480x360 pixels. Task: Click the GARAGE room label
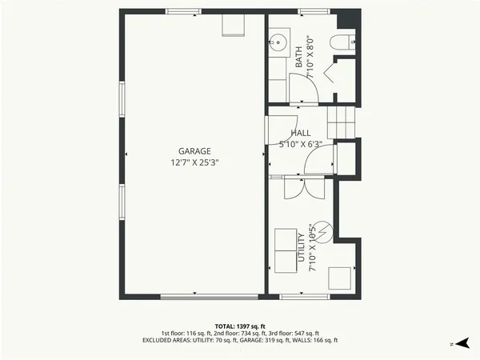coord(194,150)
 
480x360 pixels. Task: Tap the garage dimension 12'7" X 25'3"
coord(194,162)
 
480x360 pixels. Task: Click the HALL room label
coord(301,134)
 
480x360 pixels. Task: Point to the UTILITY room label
coord(302,248)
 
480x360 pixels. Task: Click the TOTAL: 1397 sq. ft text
coord(240,326)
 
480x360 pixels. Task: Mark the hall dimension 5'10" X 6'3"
coord(301,145)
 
